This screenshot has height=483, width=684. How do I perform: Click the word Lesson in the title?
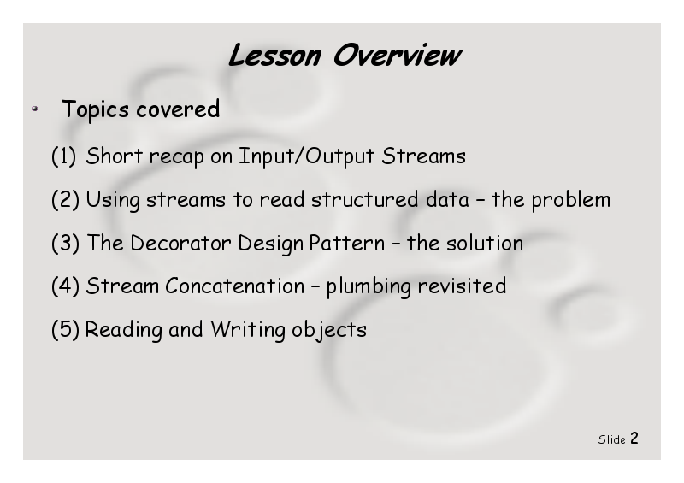[x=274, y=56]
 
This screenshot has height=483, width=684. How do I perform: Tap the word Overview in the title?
[x=397, y=56]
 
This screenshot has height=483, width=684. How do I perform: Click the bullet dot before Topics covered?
[x=35, y=109]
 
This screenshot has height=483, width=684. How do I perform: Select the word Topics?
[x=96, y=109]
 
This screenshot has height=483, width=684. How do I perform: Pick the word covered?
[x=178, y=109]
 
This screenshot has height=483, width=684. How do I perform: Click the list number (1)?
[x=63, y=156]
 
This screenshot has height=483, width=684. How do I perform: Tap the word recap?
[x=177, y=157]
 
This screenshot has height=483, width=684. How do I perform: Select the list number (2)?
[x=66, y=200]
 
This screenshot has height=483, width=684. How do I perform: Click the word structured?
[x=365, y=199]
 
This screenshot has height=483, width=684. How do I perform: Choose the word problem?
[x=570, y=200]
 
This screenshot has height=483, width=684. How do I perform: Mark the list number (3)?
[x=66, y=243]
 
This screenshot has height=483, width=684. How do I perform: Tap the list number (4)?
[x=66, y=286]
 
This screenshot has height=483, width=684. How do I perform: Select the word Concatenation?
[x=234, y=286]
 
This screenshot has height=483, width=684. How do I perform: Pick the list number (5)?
[x=66, y=329]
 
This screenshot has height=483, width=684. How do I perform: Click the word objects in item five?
[x=329, y=330]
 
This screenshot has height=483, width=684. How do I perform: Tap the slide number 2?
[x=634, y=438]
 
